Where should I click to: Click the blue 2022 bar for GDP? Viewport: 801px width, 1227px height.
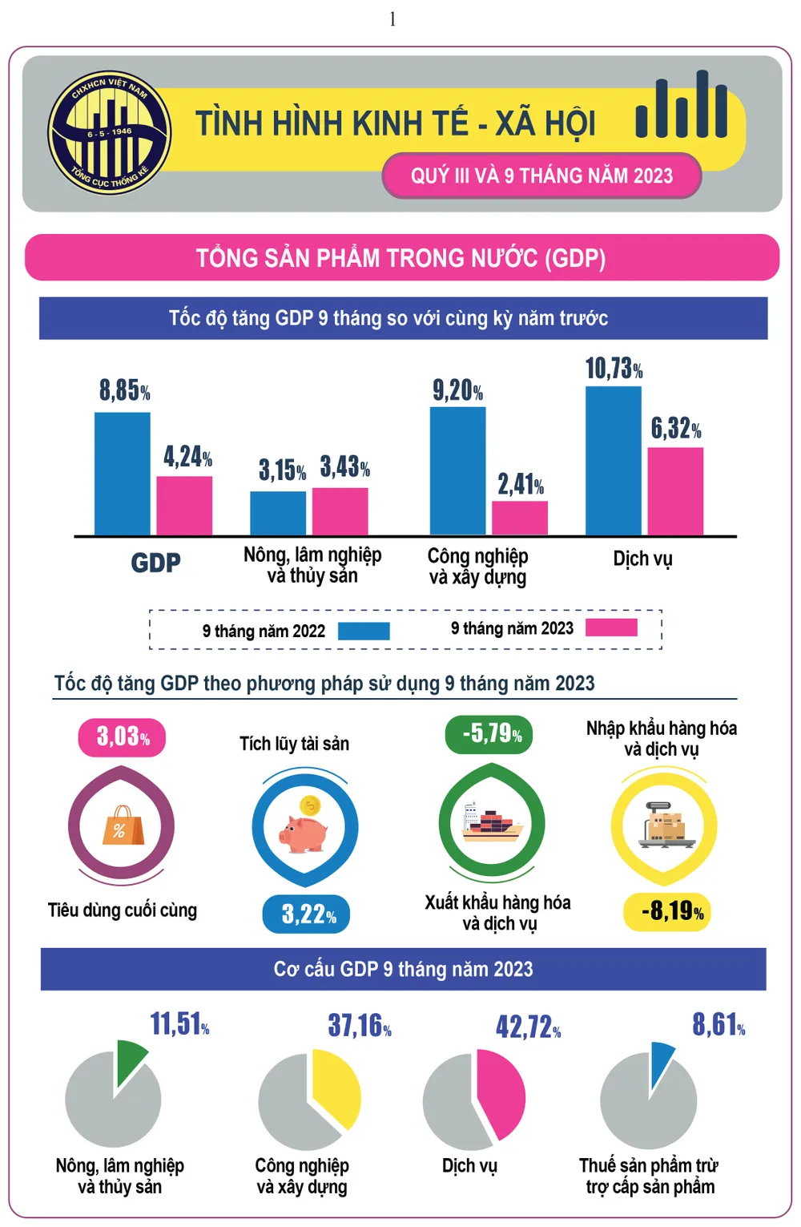tap(122, 474)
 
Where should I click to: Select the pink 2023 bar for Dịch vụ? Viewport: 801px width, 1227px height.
tap(675, 490)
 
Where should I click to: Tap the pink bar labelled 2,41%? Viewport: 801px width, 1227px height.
tap(520, 518)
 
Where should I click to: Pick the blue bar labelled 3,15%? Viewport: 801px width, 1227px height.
tap(278, 513)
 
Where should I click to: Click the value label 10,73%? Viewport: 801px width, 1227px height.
tap(614, 369)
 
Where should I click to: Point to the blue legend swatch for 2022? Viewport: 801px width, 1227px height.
tap(364, 632)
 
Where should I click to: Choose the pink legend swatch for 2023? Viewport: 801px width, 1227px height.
tap(611, 628)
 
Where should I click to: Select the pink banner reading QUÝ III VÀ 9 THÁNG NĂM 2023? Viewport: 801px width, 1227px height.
tap(541, 176)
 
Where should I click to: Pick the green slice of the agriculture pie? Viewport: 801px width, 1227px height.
tap(131, 1059)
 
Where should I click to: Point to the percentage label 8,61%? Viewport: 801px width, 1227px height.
tap(718, 1025)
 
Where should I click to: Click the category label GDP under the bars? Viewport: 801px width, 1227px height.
tap(155, 563)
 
